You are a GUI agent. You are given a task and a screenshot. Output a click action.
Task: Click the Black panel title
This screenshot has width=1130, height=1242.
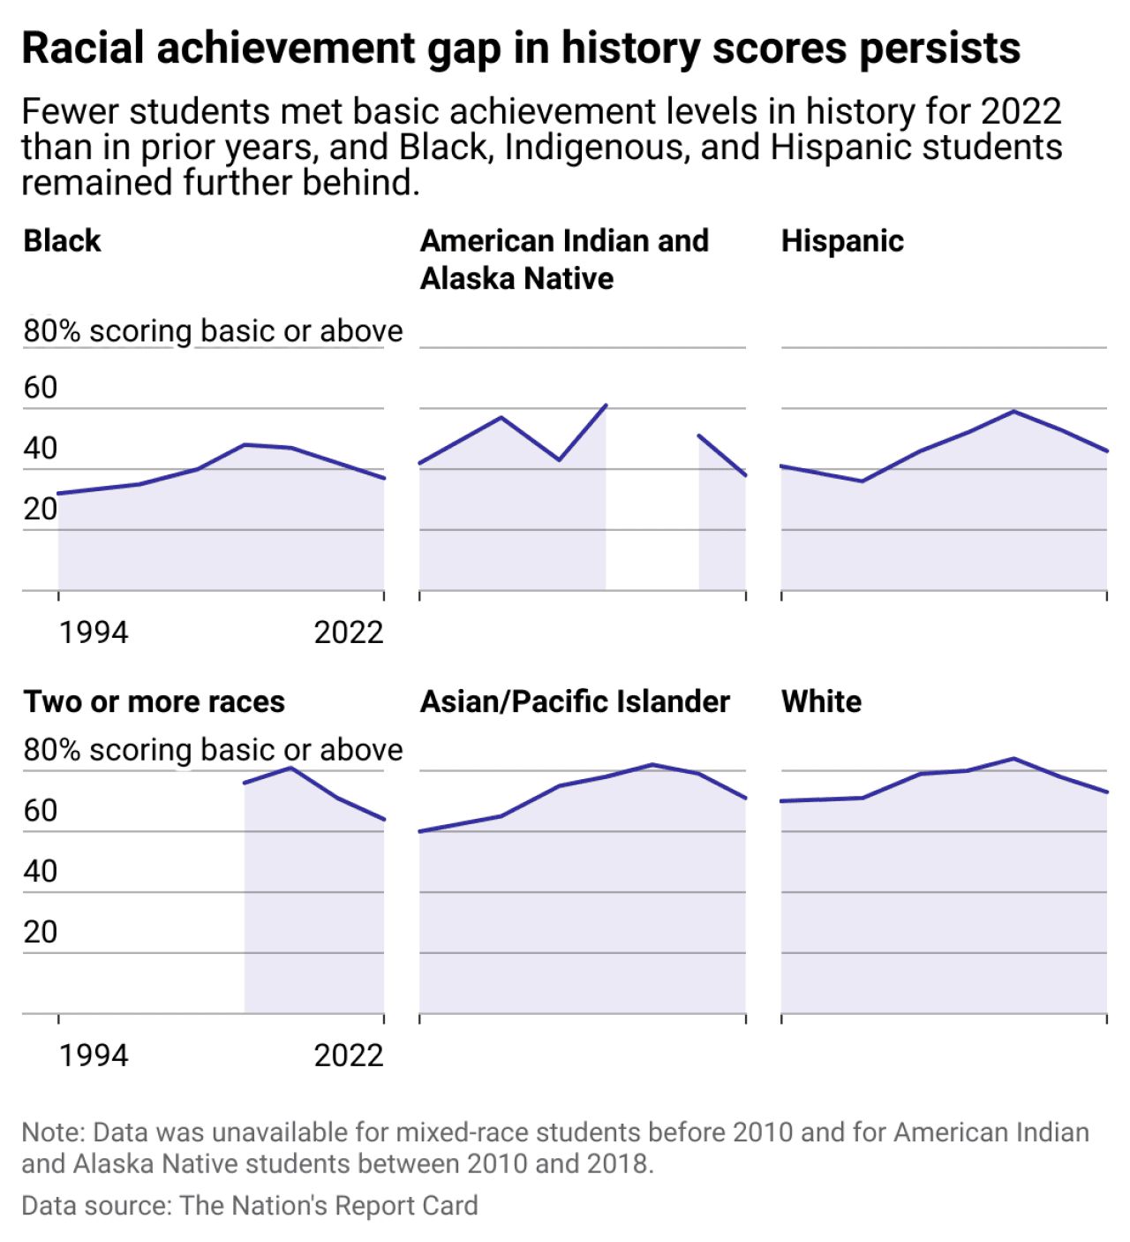pos(62,241)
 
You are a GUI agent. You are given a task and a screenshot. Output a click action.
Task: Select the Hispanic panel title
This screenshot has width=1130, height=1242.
pos(842,241)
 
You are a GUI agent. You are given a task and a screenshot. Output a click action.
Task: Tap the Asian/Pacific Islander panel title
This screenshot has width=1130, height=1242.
pos(575,701)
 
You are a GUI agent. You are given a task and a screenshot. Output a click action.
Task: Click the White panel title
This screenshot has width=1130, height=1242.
pos(821,701)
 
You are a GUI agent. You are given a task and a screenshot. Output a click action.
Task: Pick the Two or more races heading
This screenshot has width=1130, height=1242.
pos(154,701)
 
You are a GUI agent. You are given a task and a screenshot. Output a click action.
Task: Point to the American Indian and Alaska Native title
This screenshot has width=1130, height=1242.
pos(564,259)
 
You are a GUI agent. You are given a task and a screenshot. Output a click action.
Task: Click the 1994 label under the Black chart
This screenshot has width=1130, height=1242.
pos(94,632)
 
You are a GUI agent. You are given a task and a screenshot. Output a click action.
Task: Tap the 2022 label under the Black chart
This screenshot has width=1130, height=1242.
pos(349,632)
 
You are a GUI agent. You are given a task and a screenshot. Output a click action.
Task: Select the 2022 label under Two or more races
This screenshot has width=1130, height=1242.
pos(349,1056)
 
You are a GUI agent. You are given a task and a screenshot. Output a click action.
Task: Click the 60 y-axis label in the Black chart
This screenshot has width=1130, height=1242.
pos(41,388)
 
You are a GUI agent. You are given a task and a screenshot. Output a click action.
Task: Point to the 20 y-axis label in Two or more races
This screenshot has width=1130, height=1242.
pos(41,932)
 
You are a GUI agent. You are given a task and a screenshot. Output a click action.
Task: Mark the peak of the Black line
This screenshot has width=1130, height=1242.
pos(245,444)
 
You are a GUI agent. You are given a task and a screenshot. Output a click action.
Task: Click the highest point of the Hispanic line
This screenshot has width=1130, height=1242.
pos(1014,411)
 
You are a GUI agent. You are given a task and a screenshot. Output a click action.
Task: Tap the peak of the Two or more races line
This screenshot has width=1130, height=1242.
pos(291,768)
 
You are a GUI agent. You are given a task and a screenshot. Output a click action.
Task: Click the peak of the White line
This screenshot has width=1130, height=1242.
pos(1014,758)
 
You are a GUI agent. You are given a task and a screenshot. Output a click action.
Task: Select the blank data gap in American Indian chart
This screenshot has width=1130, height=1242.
pos(652,512)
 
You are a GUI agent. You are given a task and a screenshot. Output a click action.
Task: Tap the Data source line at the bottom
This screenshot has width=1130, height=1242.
pos(250,1206)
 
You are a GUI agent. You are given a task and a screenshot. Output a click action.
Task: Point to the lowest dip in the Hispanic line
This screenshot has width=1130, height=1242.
pos(863,481)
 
